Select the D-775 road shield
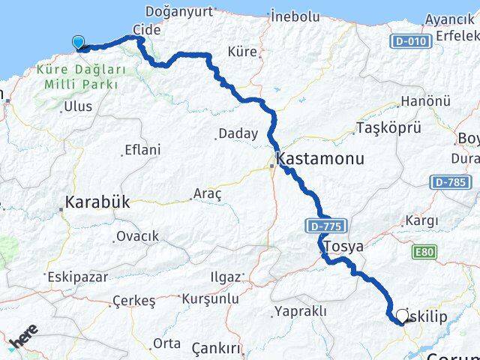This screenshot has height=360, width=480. pos(321,224)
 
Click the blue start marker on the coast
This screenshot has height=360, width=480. pos(78,43)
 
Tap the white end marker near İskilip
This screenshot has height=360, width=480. pos(404,316)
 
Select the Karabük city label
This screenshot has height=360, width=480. pos(97,202)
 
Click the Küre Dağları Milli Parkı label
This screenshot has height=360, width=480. pos(81,76)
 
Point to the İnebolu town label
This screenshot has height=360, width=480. pos(295,15)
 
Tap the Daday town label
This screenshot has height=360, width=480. pos(238,134)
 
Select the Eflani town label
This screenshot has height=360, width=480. pos(142,150)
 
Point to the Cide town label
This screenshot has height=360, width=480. pos(147,28)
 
